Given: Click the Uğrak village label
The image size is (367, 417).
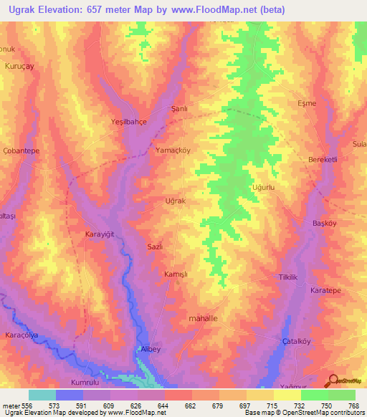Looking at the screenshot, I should [x=176, y=201].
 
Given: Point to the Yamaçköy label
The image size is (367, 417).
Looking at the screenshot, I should [x=173, y=151].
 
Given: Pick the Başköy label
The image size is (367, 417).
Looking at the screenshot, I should [x=325, y=224].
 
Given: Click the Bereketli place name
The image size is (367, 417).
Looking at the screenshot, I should [x=323, y=159].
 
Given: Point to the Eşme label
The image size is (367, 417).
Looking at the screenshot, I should [x=307, y=104].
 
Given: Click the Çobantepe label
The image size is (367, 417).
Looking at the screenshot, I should [x=22, y=151].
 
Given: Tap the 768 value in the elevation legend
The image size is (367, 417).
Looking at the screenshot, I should [x=354, y=406].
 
